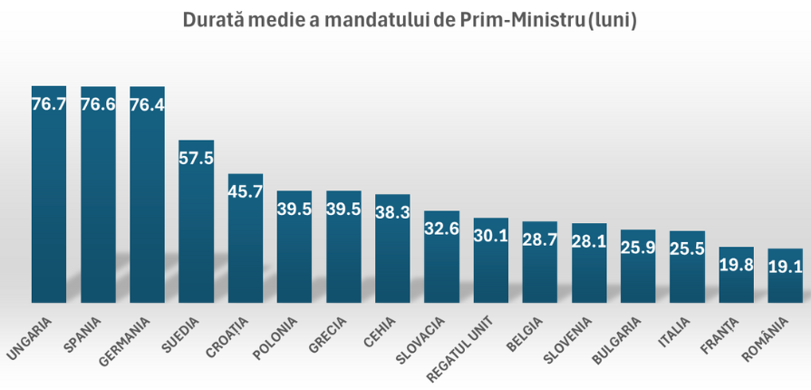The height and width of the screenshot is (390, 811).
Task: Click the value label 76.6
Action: click(98, 104)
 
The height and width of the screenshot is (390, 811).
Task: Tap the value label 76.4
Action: click(147, 104)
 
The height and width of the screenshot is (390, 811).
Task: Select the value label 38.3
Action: click(392, 212)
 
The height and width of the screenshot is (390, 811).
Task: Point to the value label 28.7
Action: click(539, 239)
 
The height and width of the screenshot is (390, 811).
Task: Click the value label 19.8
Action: click(736, 265)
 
